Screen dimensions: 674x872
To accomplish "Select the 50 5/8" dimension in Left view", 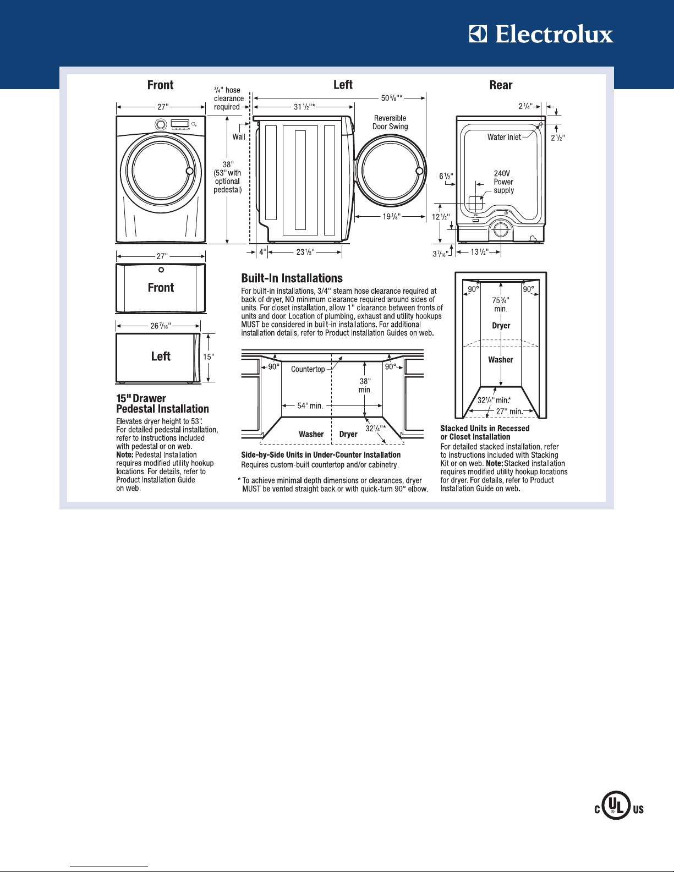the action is (x=392, y=98).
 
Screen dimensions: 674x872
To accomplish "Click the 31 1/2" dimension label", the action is (x=304, y=107).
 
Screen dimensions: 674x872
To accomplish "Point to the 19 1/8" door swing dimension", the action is (x=392, y=217).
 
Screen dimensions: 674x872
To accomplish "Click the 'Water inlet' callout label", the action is (x=504, y=137).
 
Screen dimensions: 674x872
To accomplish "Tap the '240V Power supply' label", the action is (x=503, y=182).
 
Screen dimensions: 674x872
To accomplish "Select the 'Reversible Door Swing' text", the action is (x=390, y=122).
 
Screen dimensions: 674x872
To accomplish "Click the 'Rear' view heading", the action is (x=501, y=85).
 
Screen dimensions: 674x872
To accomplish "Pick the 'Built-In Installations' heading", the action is (x=292, y=278).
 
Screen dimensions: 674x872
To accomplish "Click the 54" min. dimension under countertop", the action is (x=310, y=405).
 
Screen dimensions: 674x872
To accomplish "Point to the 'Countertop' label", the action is (x=308, y=369).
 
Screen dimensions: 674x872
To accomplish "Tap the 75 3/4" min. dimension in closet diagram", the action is (x=501, y=305).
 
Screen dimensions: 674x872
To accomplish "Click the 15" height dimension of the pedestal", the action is (x=208, y=357).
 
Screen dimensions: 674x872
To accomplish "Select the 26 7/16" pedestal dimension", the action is (x=161, y=326).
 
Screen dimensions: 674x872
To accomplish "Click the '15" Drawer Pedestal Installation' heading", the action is (x=162, y=404).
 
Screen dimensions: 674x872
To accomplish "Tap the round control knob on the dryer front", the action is (x=161, y=124).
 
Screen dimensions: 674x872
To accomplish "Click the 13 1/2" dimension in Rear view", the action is (x=479, y=252).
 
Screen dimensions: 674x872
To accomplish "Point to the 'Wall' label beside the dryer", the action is (x=239, y=137).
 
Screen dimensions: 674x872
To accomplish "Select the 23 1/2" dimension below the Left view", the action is (x=305, y=252).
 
